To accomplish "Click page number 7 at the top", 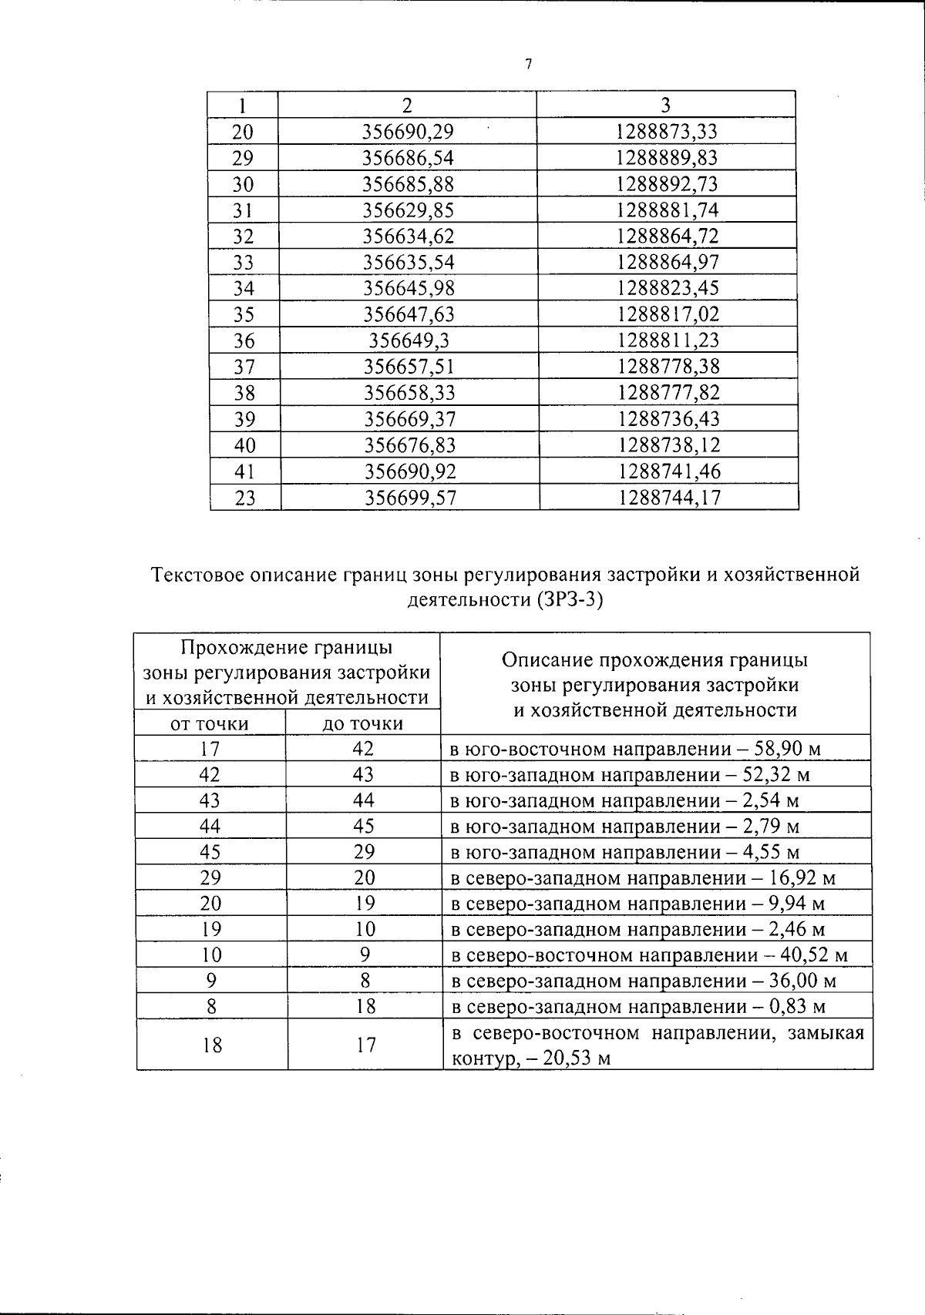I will pos(528,65).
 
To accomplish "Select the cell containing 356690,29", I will pos(408,132).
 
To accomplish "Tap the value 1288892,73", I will pos(667,184).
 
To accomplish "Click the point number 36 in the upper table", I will pos(244,340).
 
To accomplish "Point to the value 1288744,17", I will pos(669,498).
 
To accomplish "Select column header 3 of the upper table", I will pos(666,105).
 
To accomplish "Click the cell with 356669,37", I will pos(409,419).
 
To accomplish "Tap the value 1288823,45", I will pos(668,288).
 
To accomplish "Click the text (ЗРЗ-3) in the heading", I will pos(567,599).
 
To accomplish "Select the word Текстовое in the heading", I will pos(200,575).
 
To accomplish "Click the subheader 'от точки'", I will pos(209,723).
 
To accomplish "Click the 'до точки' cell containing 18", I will pos(365,1007).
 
